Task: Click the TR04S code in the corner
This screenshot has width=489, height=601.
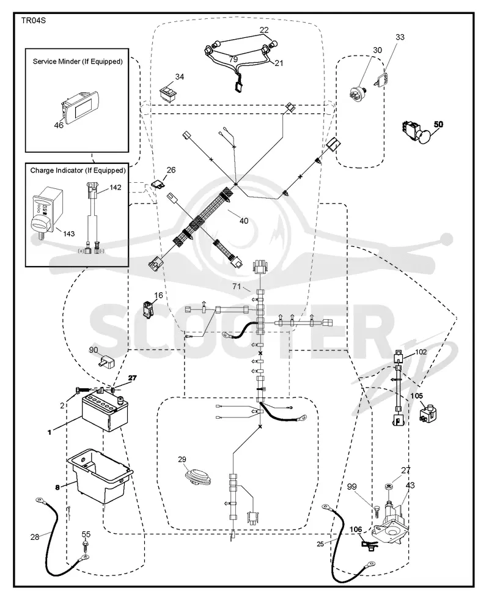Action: [x=34, y=20]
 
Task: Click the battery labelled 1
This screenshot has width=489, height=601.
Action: [x=105, y=412]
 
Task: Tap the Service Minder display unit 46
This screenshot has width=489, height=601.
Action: [x=80, y=108]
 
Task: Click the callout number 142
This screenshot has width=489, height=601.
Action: [x=115, y=188]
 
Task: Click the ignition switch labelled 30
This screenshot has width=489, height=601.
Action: [x=358, y=93]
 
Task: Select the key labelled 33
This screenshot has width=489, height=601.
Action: [x=382, y=79]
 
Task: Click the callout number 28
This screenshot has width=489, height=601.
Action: [x=35, y=537]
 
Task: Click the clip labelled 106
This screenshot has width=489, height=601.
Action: [x=369, y=545]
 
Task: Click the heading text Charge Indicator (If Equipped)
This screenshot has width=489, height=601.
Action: [x=78, y=170]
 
